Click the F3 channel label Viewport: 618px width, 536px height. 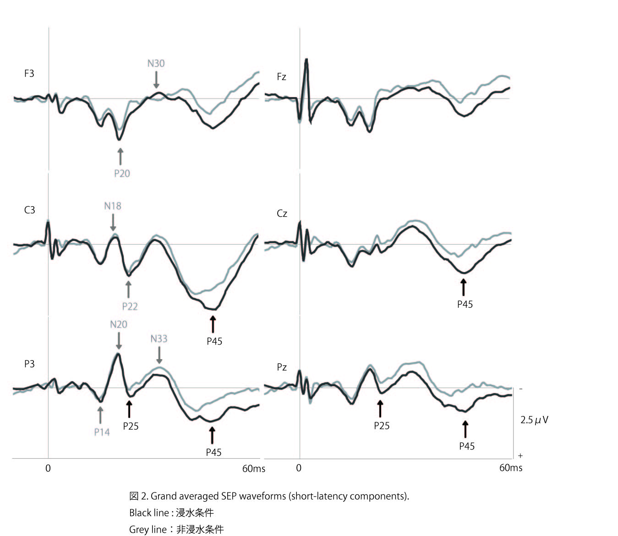29,73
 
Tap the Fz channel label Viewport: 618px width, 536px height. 281,77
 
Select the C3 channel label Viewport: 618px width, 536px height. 29,210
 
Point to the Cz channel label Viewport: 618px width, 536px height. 282,213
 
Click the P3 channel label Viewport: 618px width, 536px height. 29,364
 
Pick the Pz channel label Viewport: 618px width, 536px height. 282,367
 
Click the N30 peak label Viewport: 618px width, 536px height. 156,63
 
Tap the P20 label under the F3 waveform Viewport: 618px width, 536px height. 122,173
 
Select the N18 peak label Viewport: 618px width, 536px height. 113,206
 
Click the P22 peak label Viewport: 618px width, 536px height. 130,306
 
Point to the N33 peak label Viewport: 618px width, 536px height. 159,339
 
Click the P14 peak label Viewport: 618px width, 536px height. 102,432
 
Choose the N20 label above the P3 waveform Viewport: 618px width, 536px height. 119,324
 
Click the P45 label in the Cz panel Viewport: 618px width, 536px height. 465,304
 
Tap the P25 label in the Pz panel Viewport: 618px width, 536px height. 382,426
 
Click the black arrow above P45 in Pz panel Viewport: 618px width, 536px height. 465,429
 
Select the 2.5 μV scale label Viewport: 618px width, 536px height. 534,420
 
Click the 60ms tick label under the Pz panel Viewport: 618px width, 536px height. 511,467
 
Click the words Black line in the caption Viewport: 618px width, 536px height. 148,513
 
